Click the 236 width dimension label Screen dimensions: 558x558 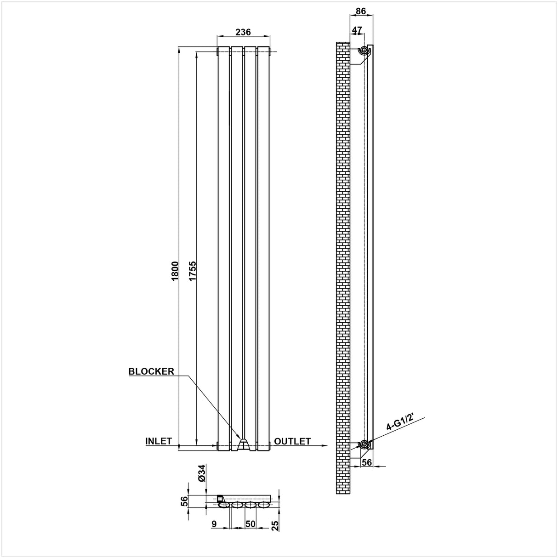(243, 32)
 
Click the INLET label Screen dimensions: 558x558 (159, 441)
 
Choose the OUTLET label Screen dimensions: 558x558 (292, 441)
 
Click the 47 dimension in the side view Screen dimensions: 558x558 (357, 30)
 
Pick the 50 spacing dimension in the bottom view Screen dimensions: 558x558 (251, 524)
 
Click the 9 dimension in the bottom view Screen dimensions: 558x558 (214, 524)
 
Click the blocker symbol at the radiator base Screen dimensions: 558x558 (243, 444)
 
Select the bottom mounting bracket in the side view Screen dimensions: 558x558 (364, 444)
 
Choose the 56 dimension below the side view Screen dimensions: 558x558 (366, 463)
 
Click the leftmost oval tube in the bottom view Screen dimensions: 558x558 (225, 505)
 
